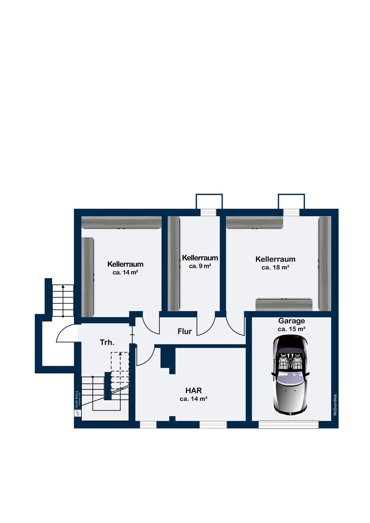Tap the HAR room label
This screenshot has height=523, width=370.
pyautogui.click(x=193, y=391)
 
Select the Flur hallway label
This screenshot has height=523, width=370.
pyautogui.click(x=185, y=331)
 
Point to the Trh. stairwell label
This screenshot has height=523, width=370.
pyautogui.click(x=107, y=342)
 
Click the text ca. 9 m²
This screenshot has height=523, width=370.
pyautogui.click(x=200, y=266)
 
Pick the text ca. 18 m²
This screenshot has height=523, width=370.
pyautogui.click(x=275, y=267)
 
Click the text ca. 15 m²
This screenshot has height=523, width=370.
pyautogui.click(x=292, y=329)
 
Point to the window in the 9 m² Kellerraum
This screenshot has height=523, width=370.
pyautogui.click(x=208, y=212)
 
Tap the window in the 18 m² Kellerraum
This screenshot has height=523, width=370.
pyautogui.click(x=291, y=212)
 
